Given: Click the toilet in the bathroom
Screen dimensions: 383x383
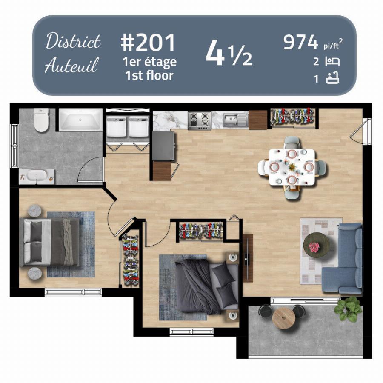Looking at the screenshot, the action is [x=41, y=120].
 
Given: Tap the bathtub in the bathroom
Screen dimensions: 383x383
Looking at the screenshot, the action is [x=80, y=120].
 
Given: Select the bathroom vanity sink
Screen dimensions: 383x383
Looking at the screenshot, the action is [x=37, y=176].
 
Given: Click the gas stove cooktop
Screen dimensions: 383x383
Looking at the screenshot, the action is [x=199, y=120].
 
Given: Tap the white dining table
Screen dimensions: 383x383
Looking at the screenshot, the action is [x=292, y=167].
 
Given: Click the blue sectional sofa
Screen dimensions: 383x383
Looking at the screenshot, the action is [x=344, y=258].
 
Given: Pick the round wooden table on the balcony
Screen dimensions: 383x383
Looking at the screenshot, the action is [x=283, y=318].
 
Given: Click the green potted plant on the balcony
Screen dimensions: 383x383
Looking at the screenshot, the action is [x=348, y=309].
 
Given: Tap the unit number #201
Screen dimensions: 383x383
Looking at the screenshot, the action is [x=148, y=43].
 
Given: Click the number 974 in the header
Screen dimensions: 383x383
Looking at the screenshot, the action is [x=301, y=42].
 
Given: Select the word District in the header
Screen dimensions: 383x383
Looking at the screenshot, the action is [x=73, y=41].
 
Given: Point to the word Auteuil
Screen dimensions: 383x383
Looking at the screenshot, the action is [x=71, y=65].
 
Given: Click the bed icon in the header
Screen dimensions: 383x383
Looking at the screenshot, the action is [x=332, y=62].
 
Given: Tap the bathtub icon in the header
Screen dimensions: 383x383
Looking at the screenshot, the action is [x=333, y=78].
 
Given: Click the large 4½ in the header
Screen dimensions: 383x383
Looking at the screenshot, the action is [x=229, y=53].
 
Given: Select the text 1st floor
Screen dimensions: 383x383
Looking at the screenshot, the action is [x=149, y=75].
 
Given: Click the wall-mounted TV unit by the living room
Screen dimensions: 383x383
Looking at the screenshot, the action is [x=248, y=258].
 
